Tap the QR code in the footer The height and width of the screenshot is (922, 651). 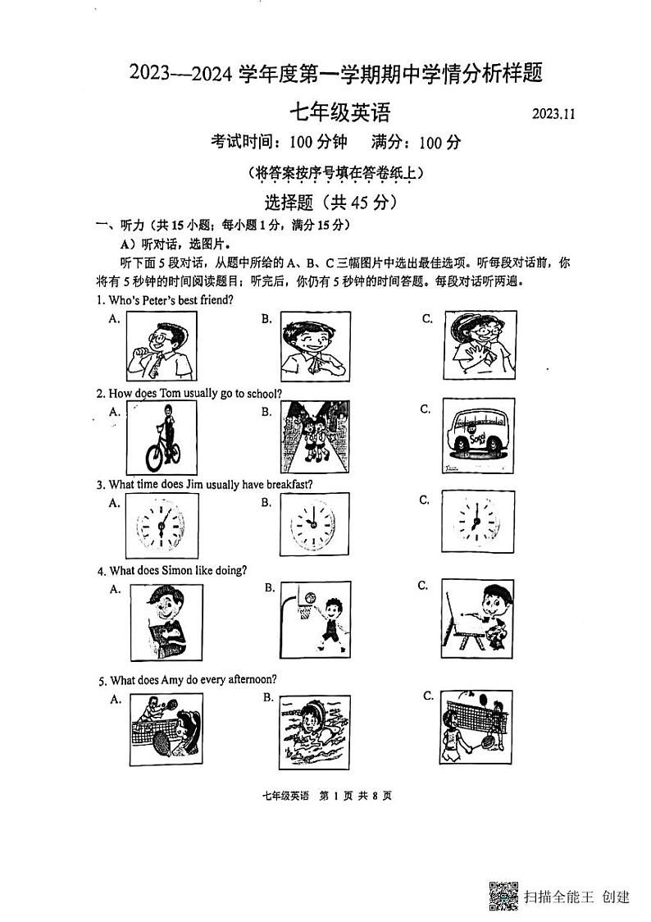tap(503, 895)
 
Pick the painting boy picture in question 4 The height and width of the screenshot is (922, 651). tap(477, 616)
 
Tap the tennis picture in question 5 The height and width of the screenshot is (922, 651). tap(166, 728)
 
